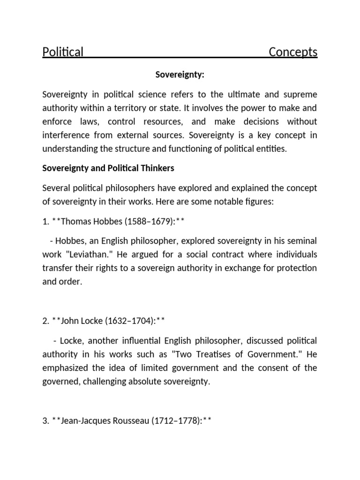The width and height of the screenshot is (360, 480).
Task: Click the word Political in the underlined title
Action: pos(63,52)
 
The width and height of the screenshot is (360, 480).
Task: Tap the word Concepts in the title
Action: pos(293,52)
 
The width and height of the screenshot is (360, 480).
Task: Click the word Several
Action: pos(55,188)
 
